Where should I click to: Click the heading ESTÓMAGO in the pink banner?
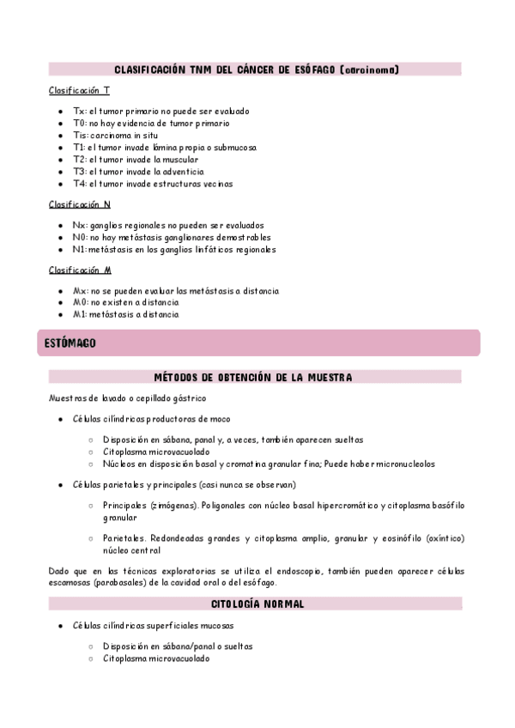(70, 343)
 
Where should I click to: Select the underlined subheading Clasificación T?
(79, 90)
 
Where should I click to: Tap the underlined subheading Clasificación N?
(80, 204)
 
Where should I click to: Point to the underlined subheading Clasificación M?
(80, 270)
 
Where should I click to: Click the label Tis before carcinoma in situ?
(79, 136)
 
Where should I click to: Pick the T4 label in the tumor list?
(79, 184)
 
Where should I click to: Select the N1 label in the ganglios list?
(79, 250)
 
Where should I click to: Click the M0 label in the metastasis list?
(79, 303)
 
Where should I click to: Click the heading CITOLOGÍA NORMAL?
(256, 604)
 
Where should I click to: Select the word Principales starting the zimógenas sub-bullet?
(126, 506)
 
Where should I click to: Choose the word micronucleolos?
(403, 464)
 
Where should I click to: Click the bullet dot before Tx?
(58, 112)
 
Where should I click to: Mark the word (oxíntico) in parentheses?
(439, 538)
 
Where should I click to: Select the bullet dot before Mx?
(58, 292)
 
